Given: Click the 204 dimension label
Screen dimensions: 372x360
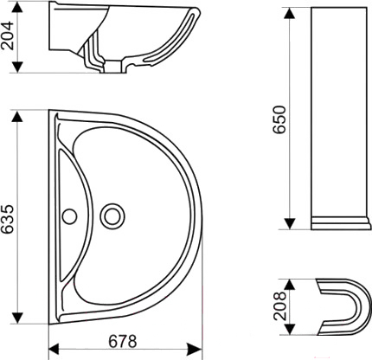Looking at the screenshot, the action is click(x=7, y=35).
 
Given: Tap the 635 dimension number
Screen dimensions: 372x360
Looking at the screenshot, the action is click(x=7, y=219).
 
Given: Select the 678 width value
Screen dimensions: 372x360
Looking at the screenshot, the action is click(x=123, y=342).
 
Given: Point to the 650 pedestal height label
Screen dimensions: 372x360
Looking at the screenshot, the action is click(x=279, y=119).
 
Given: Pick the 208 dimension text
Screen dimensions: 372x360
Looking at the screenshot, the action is click(x=280, y=306).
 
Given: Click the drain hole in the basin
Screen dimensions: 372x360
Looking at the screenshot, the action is click(x=112, y=216).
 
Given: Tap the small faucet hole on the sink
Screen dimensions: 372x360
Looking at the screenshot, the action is click(x=69, y=216).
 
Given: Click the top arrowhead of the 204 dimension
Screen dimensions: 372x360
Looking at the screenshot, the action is click(x=17, y=8).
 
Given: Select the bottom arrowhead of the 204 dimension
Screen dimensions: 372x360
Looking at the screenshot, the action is click(x=17, y=67).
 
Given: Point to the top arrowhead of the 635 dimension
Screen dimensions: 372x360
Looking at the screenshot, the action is click(x=17, y=116).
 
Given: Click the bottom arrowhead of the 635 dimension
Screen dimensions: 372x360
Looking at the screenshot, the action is click(x=17, y=318).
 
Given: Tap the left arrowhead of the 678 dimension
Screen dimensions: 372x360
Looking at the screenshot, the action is click(x=55, y=350).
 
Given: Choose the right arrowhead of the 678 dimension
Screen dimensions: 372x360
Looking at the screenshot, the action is click(x=196, y=350).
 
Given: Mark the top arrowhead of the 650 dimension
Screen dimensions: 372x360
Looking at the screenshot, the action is click(x=290, y=13).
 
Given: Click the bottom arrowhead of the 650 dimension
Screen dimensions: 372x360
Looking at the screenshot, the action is click(x=290, y=224).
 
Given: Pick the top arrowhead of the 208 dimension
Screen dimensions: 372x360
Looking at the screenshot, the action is click(x=290, y=285).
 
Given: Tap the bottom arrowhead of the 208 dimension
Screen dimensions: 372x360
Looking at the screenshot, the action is click(x=290, y=329).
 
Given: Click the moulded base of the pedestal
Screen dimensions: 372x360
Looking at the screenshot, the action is click(x=341, y=223).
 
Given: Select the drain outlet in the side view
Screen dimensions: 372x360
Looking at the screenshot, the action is click(x=113, y=67).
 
